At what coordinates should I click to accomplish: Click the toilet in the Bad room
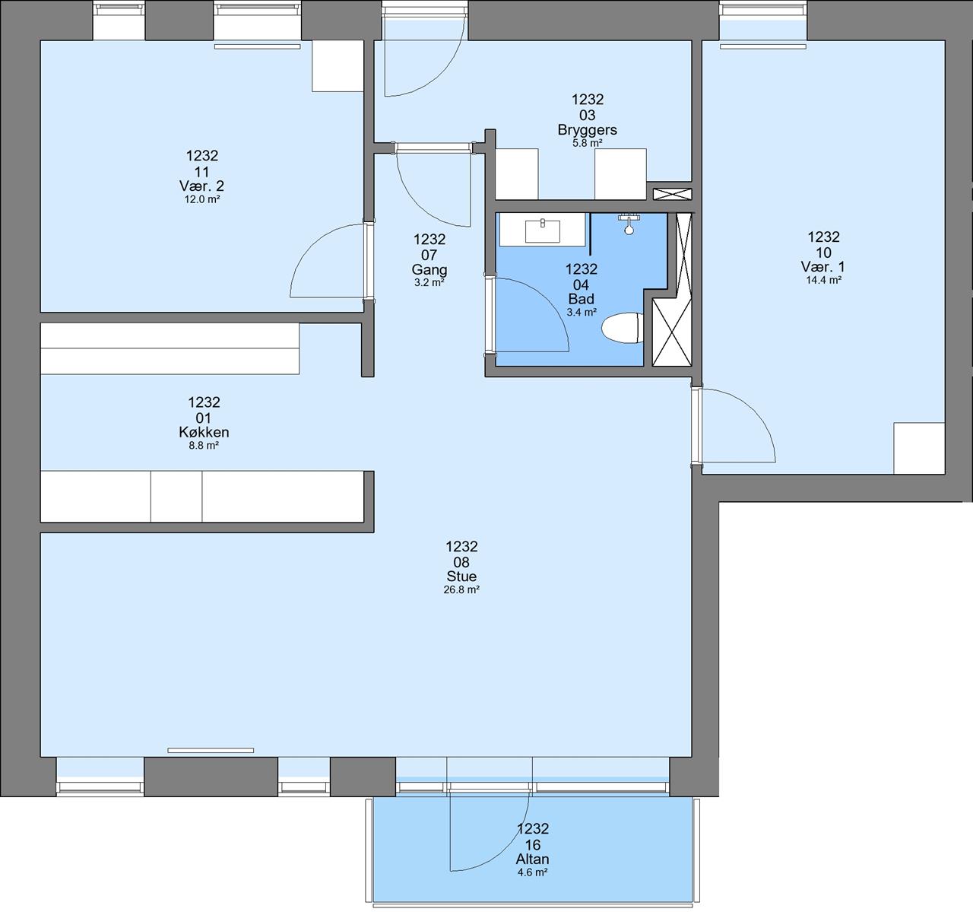click(622, 328)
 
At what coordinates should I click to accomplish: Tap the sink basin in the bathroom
click(542, 231)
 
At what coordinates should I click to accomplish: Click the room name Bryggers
click(587, 130)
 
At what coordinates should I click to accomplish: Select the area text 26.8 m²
click(461, 589)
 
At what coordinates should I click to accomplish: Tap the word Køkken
click(204, 432)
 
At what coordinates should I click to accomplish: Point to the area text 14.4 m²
click(823, 280)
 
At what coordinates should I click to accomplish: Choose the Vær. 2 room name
click(202, 186)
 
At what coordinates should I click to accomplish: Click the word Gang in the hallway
click(429, 270)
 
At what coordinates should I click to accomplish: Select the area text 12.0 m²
click(202, 199)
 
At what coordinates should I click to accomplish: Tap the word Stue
click(461, 576)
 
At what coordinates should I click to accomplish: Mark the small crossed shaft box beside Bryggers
click(672, 194)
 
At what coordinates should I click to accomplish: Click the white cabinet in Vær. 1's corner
click(919, 448)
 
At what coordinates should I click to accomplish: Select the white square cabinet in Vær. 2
click(338, 65)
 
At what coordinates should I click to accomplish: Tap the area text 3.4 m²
click(582, 313)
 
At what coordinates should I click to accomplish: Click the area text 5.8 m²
click(587, 143)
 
